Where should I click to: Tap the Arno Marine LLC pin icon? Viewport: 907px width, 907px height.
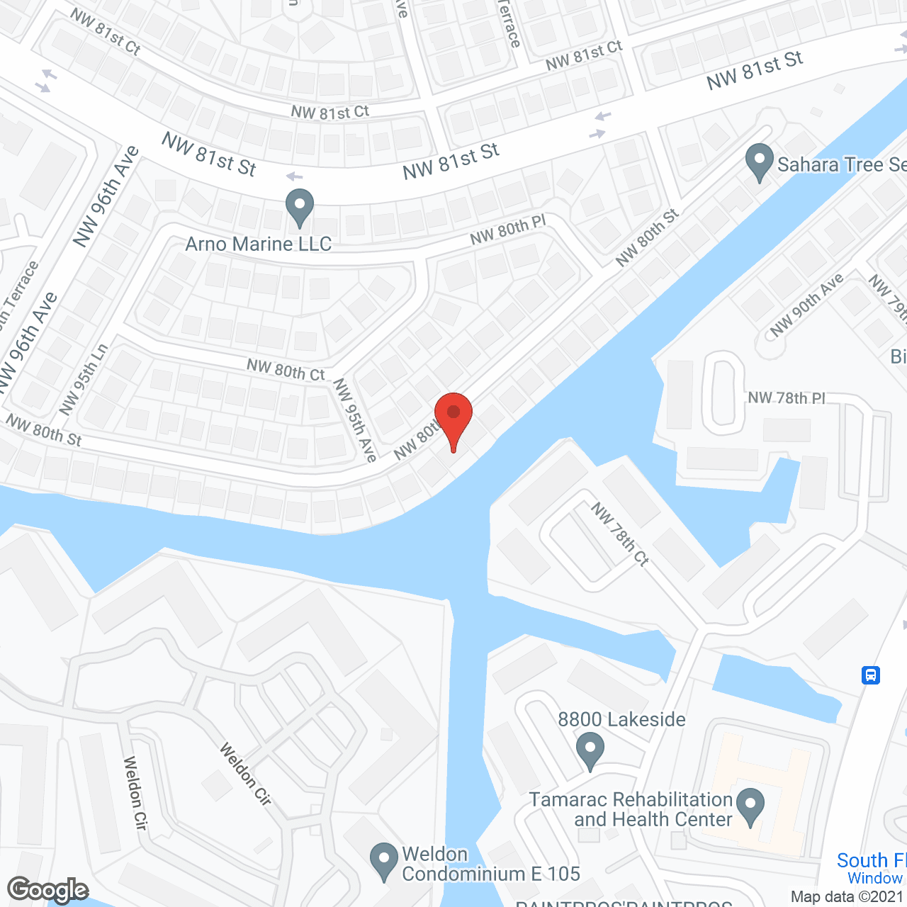click(299, 206)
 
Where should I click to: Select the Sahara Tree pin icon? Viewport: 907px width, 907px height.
click(759, 162)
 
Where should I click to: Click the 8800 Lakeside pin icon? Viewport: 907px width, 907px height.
click(590, 750)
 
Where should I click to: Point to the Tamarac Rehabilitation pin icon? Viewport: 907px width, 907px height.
click(750, 806)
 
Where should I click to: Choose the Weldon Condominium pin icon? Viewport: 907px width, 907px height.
click(383, 860)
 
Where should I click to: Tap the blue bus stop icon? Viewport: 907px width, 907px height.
click(871, 675)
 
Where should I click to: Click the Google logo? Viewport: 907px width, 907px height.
click(48, 890)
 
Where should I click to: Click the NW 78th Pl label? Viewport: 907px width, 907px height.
click(787, 398)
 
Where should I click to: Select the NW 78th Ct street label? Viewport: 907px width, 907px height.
click(620, 534)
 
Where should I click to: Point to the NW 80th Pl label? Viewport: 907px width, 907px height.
click(508, 230)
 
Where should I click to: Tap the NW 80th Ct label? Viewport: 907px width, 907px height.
click(286, 369)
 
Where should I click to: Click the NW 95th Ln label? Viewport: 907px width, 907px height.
click(84, 379)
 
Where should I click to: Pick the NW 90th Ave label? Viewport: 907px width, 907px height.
click(806, 305)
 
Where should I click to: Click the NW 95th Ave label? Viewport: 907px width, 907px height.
click(355, 419)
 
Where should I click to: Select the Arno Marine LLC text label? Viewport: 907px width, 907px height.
click(259, 244)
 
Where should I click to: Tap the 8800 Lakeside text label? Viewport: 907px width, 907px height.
click(621, 720)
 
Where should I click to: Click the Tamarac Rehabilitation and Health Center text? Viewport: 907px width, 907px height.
click(631, 809)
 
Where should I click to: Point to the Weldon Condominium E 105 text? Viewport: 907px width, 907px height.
click(491, 864)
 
